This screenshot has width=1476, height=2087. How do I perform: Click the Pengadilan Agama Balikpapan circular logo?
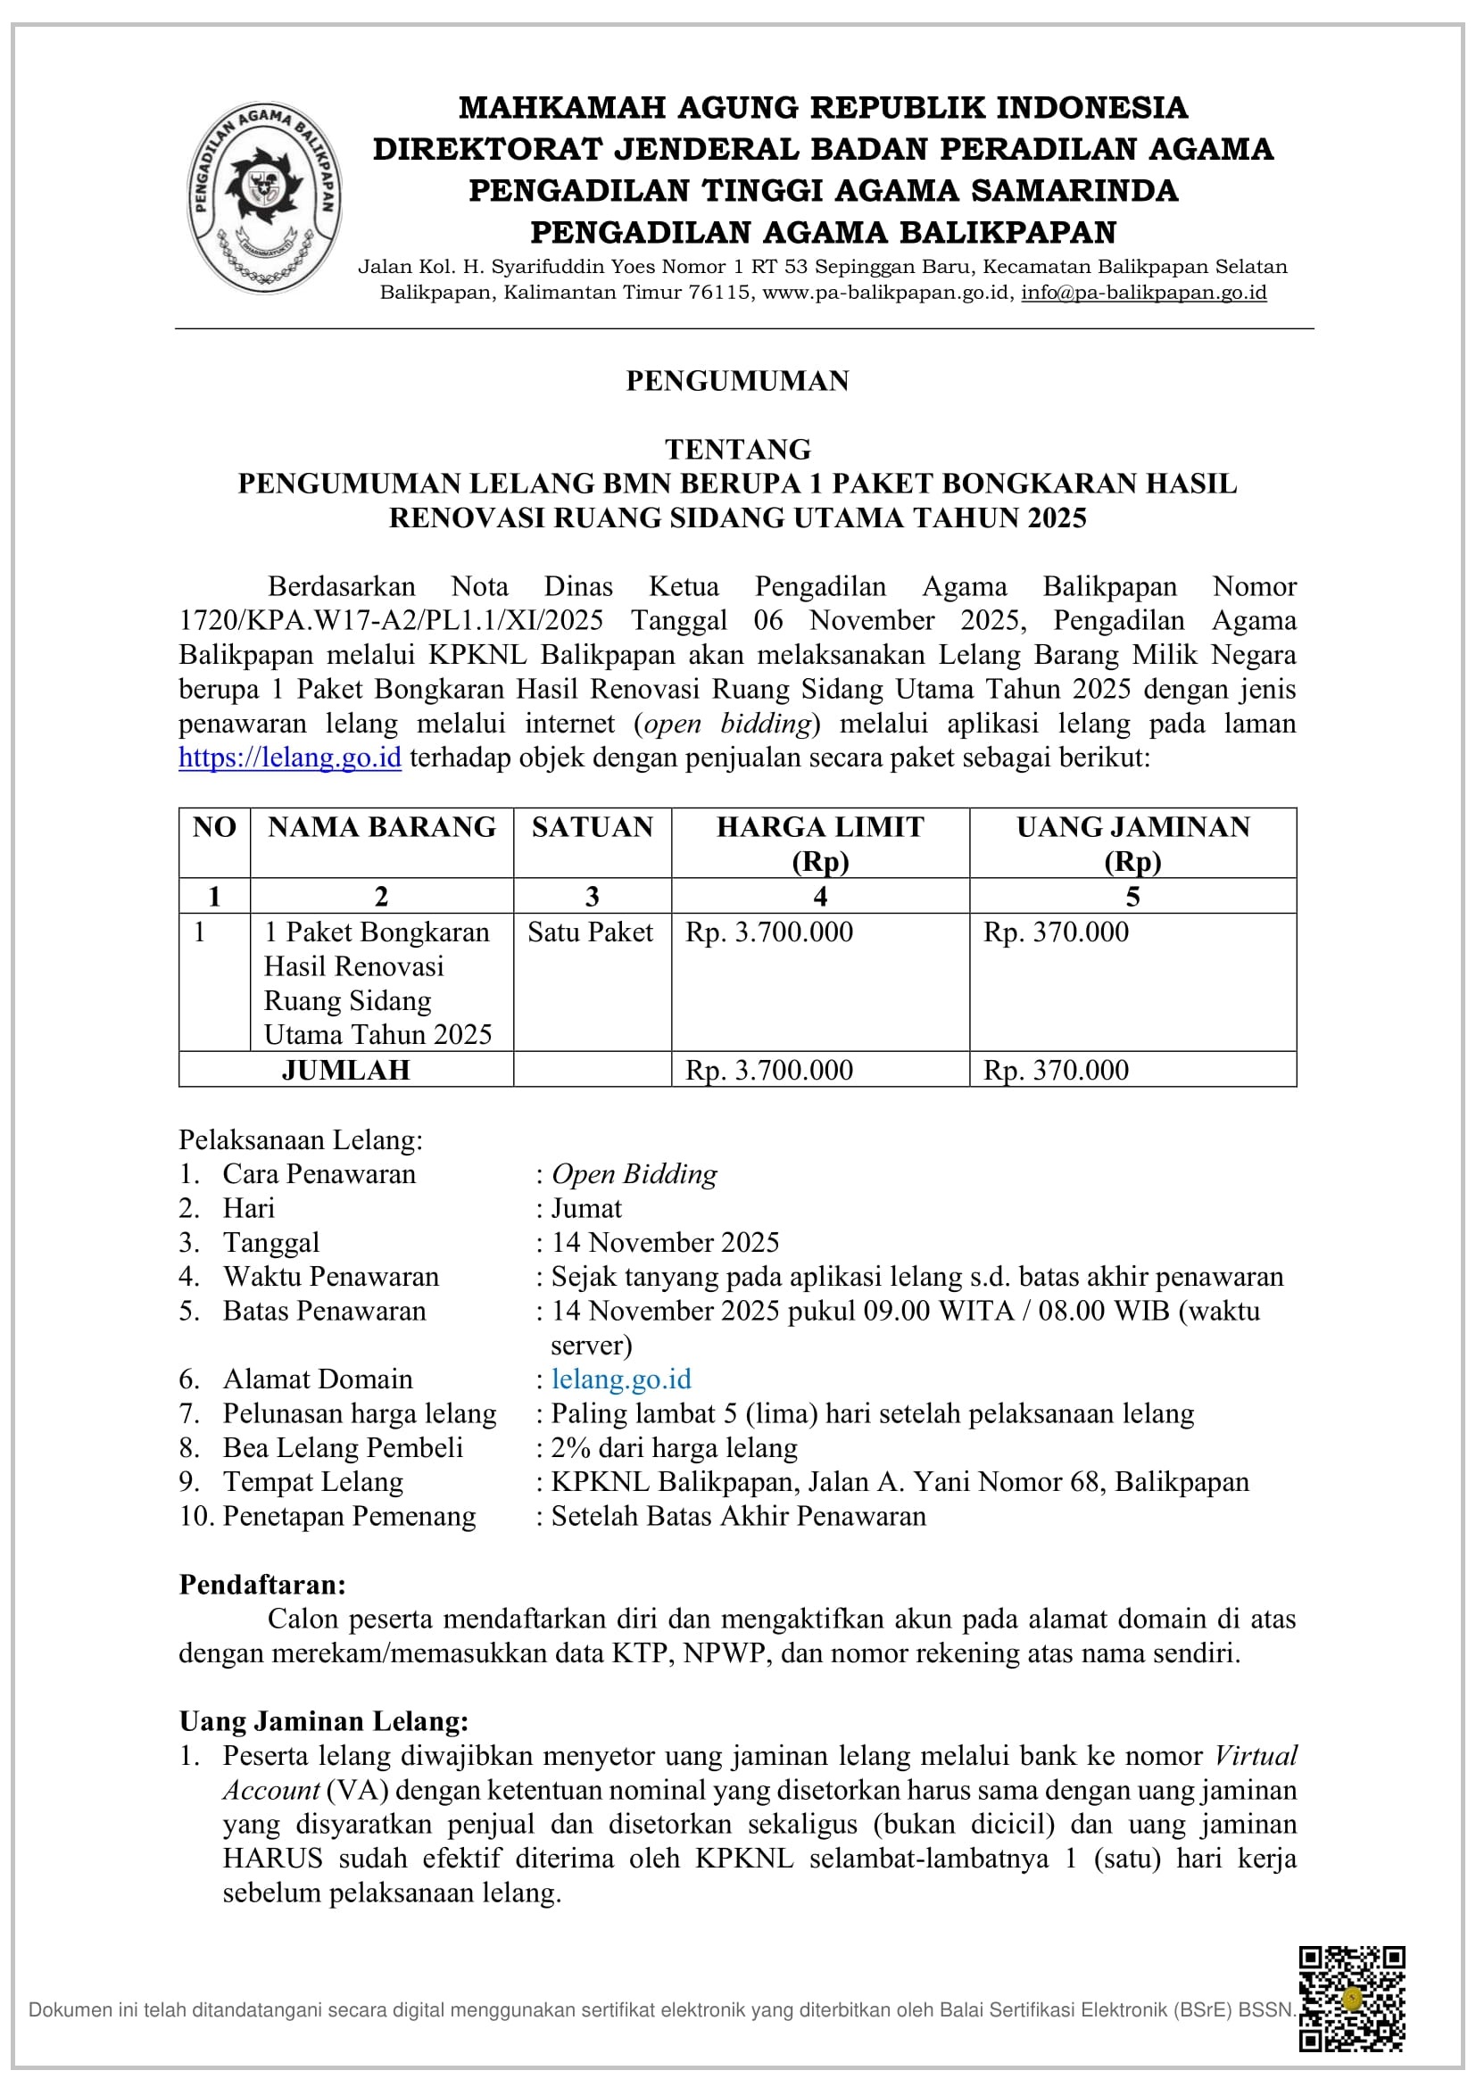click(263, 197)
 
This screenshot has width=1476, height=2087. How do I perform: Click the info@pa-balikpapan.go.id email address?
click(1143, 293)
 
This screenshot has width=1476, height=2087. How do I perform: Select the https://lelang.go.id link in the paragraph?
click(290, 758)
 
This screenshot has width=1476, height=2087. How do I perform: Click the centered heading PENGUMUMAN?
click(737, 381)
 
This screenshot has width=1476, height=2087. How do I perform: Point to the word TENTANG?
click(737, 449)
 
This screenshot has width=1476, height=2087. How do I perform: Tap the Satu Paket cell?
click(591, 932)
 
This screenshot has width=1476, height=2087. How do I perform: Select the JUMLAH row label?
click(345, 1070)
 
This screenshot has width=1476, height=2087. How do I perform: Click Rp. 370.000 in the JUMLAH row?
click(1055, 1070)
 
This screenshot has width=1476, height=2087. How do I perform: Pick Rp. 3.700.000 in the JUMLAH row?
click(769, 1070)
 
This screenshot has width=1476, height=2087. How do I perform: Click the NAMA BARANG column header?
click(382, 827)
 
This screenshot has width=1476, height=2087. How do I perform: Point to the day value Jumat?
click(586, 1208)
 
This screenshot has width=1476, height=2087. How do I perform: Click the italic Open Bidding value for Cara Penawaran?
click(634, 1173)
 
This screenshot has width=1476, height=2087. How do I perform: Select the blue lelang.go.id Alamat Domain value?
click(622, 1379)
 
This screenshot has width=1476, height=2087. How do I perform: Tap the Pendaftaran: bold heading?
click(261, 1585)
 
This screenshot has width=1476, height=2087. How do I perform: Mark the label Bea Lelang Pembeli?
click(343, 1447)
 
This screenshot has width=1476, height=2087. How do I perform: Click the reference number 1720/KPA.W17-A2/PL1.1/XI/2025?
click(391, 620)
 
